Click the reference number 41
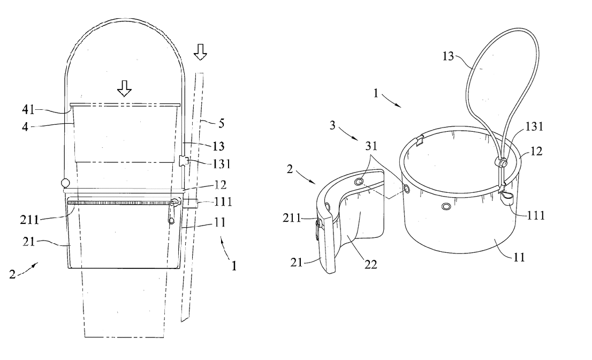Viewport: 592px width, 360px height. pyautogui.click(x=28, y=110)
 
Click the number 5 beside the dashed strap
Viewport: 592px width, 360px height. pyautogui.click(x=222, y=123)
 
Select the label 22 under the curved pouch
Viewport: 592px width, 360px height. pyautogui.click(x=371, y=265)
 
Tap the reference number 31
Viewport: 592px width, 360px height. pyautogui.click(x=371, y=146)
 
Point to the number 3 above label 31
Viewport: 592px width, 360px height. pyautogui.click(x=332, y=125)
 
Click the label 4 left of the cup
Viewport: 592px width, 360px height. pyautogui.click(x=25, y=126)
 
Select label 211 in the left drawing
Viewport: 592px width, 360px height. pyautogui.click(x=29, y=219)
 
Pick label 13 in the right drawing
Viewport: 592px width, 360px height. pyautogui.click(x=448, y=56)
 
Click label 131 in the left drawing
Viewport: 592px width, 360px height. pyautogui.click(x=222, y=164)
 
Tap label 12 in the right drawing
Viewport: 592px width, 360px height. pyautogui.click(x=536, y=151)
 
